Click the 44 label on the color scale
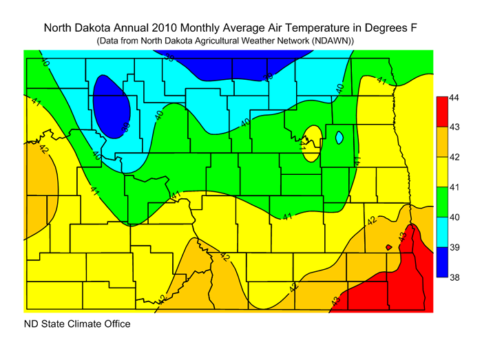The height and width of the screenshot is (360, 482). tap(454, 98)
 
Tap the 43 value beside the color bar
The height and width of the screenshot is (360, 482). tap(454, 127)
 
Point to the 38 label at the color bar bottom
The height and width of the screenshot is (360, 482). tap(454, 276)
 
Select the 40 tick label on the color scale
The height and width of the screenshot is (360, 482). tap(454, 217)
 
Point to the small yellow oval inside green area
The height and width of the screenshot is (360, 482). tap(312, 143)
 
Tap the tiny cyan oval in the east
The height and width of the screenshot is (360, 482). tap(338, 138)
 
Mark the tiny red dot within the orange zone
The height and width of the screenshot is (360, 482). tap(389, 246)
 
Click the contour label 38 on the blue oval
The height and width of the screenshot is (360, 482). tap(126, 126)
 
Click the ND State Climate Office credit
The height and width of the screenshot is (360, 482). tap(77, 324)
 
